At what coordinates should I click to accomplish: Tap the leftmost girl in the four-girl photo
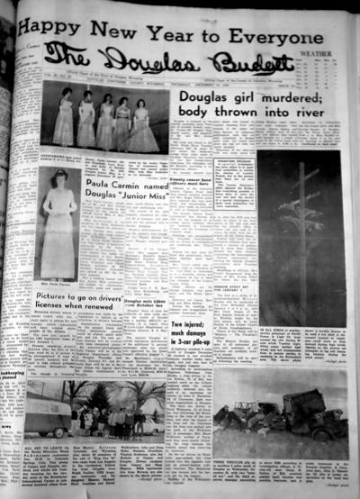[64, 118]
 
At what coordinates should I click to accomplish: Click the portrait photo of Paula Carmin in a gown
[60, 234]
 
